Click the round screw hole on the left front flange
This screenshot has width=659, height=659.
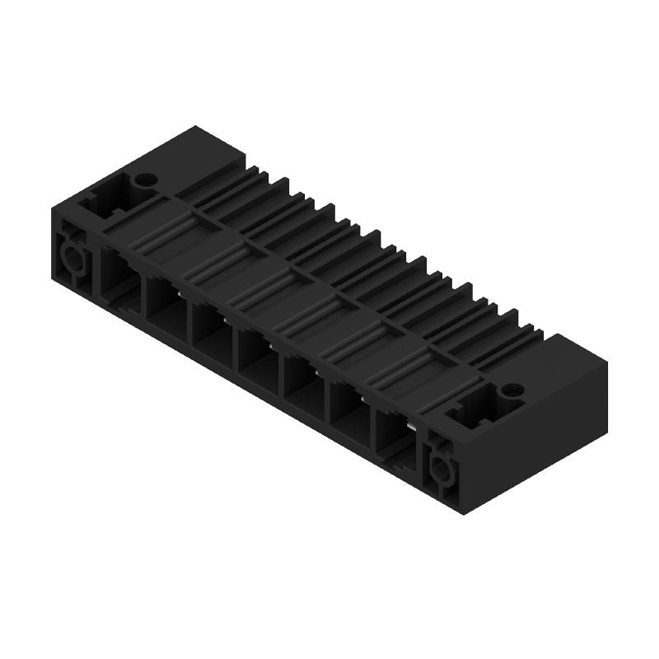[72, 262]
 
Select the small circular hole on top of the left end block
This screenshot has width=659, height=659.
[145, 178]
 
